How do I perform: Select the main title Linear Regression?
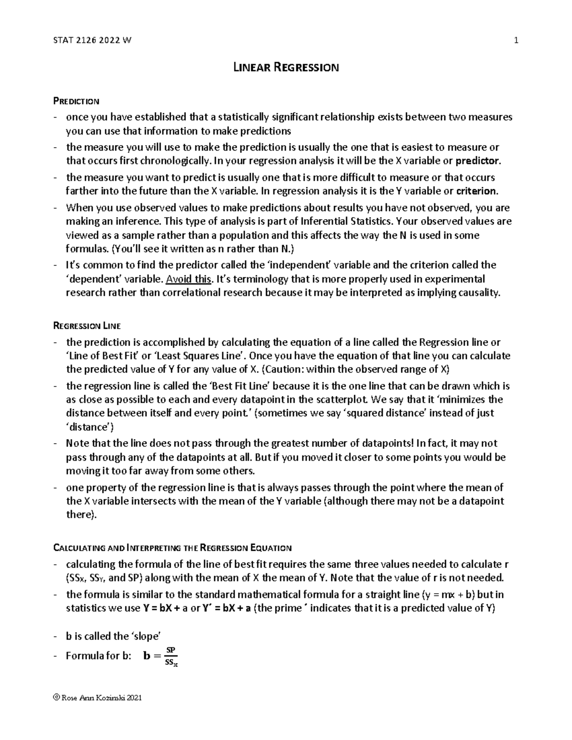point(286,67)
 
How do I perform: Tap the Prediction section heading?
point(76,101)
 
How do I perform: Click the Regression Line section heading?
point(86,326)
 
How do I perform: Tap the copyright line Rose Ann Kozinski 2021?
point(98,698)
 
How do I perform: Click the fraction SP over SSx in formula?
point(170,656)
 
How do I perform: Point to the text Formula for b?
point(98,656)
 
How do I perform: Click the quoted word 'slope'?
point(145,637)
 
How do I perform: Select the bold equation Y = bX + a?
point(165,608)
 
